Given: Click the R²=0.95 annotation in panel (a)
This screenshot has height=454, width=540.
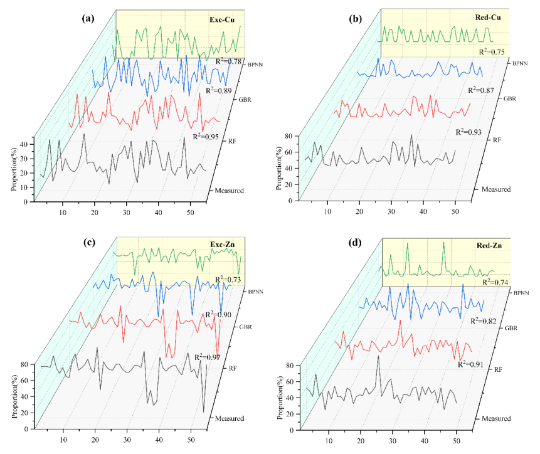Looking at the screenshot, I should point(206,136).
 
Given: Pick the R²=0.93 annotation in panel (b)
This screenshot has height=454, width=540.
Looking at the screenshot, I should point(469,132).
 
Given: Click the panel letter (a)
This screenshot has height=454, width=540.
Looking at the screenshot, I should point(88,18).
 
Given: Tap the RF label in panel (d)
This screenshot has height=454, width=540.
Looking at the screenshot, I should point(499,370).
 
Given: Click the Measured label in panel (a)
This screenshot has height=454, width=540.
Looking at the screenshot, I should point(229,189).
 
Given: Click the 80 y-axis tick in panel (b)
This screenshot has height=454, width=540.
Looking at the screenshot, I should point(290,135).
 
